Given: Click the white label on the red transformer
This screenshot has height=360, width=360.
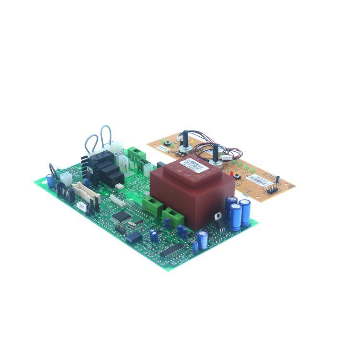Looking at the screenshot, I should coord(195,165).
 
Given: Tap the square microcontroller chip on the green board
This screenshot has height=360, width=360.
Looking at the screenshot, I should coord(121,216).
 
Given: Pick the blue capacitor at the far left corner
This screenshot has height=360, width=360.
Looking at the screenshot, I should coord(50,180).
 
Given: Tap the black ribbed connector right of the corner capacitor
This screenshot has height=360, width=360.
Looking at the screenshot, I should coord(65,192).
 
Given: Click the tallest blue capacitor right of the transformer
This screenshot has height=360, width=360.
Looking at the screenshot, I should coord(245,213).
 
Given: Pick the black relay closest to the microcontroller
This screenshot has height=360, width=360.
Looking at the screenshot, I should coord(115,179).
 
